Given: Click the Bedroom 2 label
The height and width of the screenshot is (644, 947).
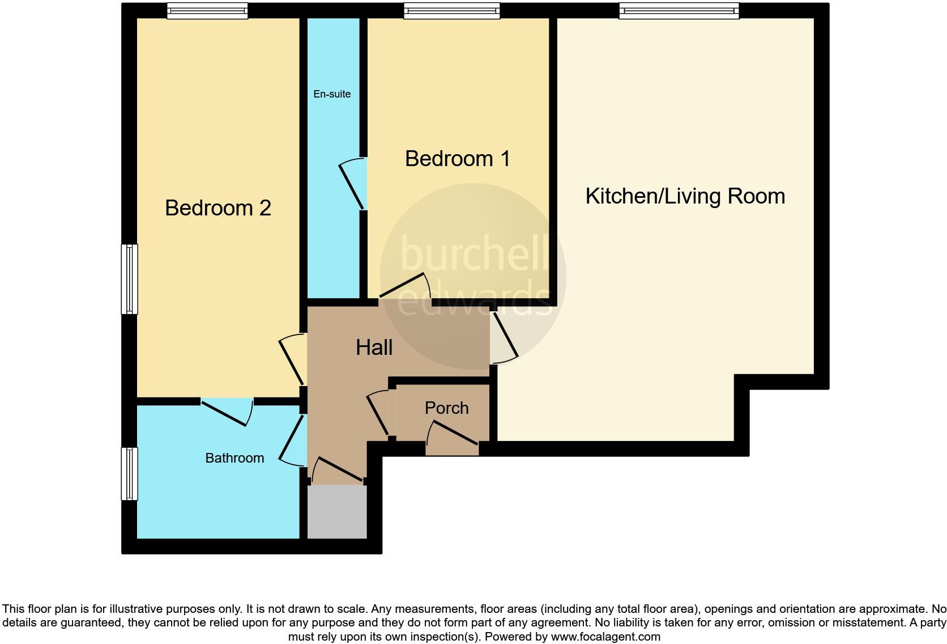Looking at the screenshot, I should pos(218,208).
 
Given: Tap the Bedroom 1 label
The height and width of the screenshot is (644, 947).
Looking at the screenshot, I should pos(458,159).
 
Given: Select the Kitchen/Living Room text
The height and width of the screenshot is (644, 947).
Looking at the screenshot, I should pos(685,196).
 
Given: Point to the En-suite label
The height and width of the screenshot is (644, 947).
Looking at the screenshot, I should pos(332,94).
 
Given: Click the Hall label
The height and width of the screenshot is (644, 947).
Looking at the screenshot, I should pos(374,348).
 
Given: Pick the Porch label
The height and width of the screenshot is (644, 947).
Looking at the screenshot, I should pos(446,408).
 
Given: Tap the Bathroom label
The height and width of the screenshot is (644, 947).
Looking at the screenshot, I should pos(234,458).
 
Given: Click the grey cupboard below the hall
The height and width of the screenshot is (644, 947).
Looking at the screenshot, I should pos(336,512).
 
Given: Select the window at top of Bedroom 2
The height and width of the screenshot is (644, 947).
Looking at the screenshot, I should pos(207,11).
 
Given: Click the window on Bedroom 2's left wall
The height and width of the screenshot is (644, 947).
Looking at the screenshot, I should pos(130,279).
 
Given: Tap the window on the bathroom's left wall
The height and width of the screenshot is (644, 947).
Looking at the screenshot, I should pos(130,474).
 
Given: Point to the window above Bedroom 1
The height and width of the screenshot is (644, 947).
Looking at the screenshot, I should pos(452,11).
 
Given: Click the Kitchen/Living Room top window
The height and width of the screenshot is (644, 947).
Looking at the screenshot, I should pos(679,11).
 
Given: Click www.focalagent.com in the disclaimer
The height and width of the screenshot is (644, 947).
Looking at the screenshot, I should pos(605,637).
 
